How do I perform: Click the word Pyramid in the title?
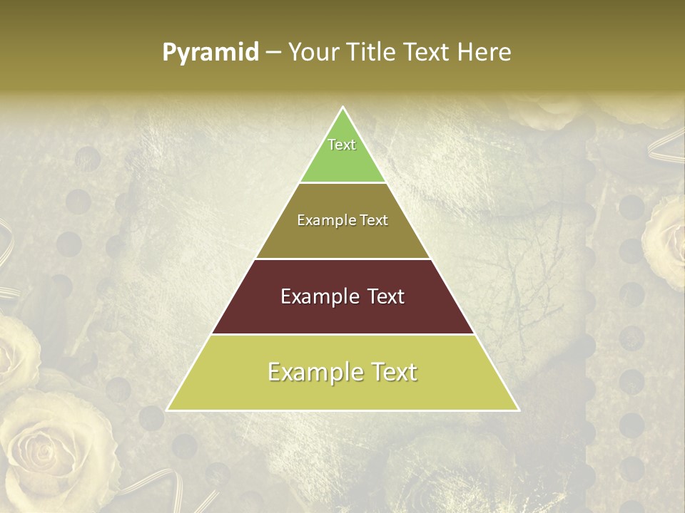[x=210, y=53]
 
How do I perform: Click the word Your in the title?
[x=313, y=52]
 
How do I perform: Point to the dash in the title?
[x=273, y=53]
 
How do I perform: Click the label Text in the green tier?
[x=342, y=145]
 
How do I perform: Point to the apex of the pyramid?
[x=342, y=108]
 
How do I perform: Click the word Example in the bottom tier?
[x=310, y=372]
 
